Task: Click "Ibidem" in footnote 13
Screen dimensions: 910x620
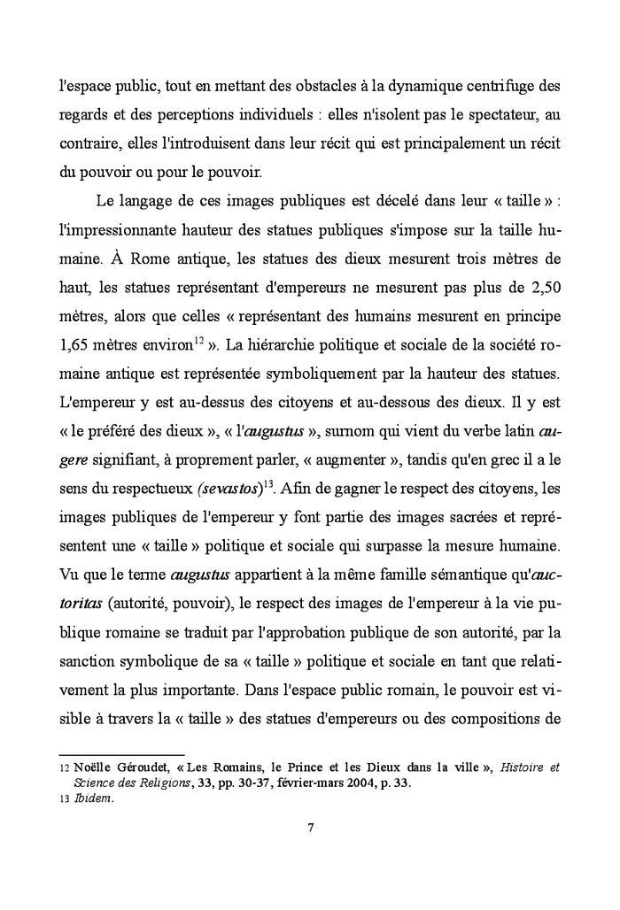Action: [81, 795]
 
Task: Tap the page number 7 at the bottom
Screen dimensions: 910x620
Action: [310, 828]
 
